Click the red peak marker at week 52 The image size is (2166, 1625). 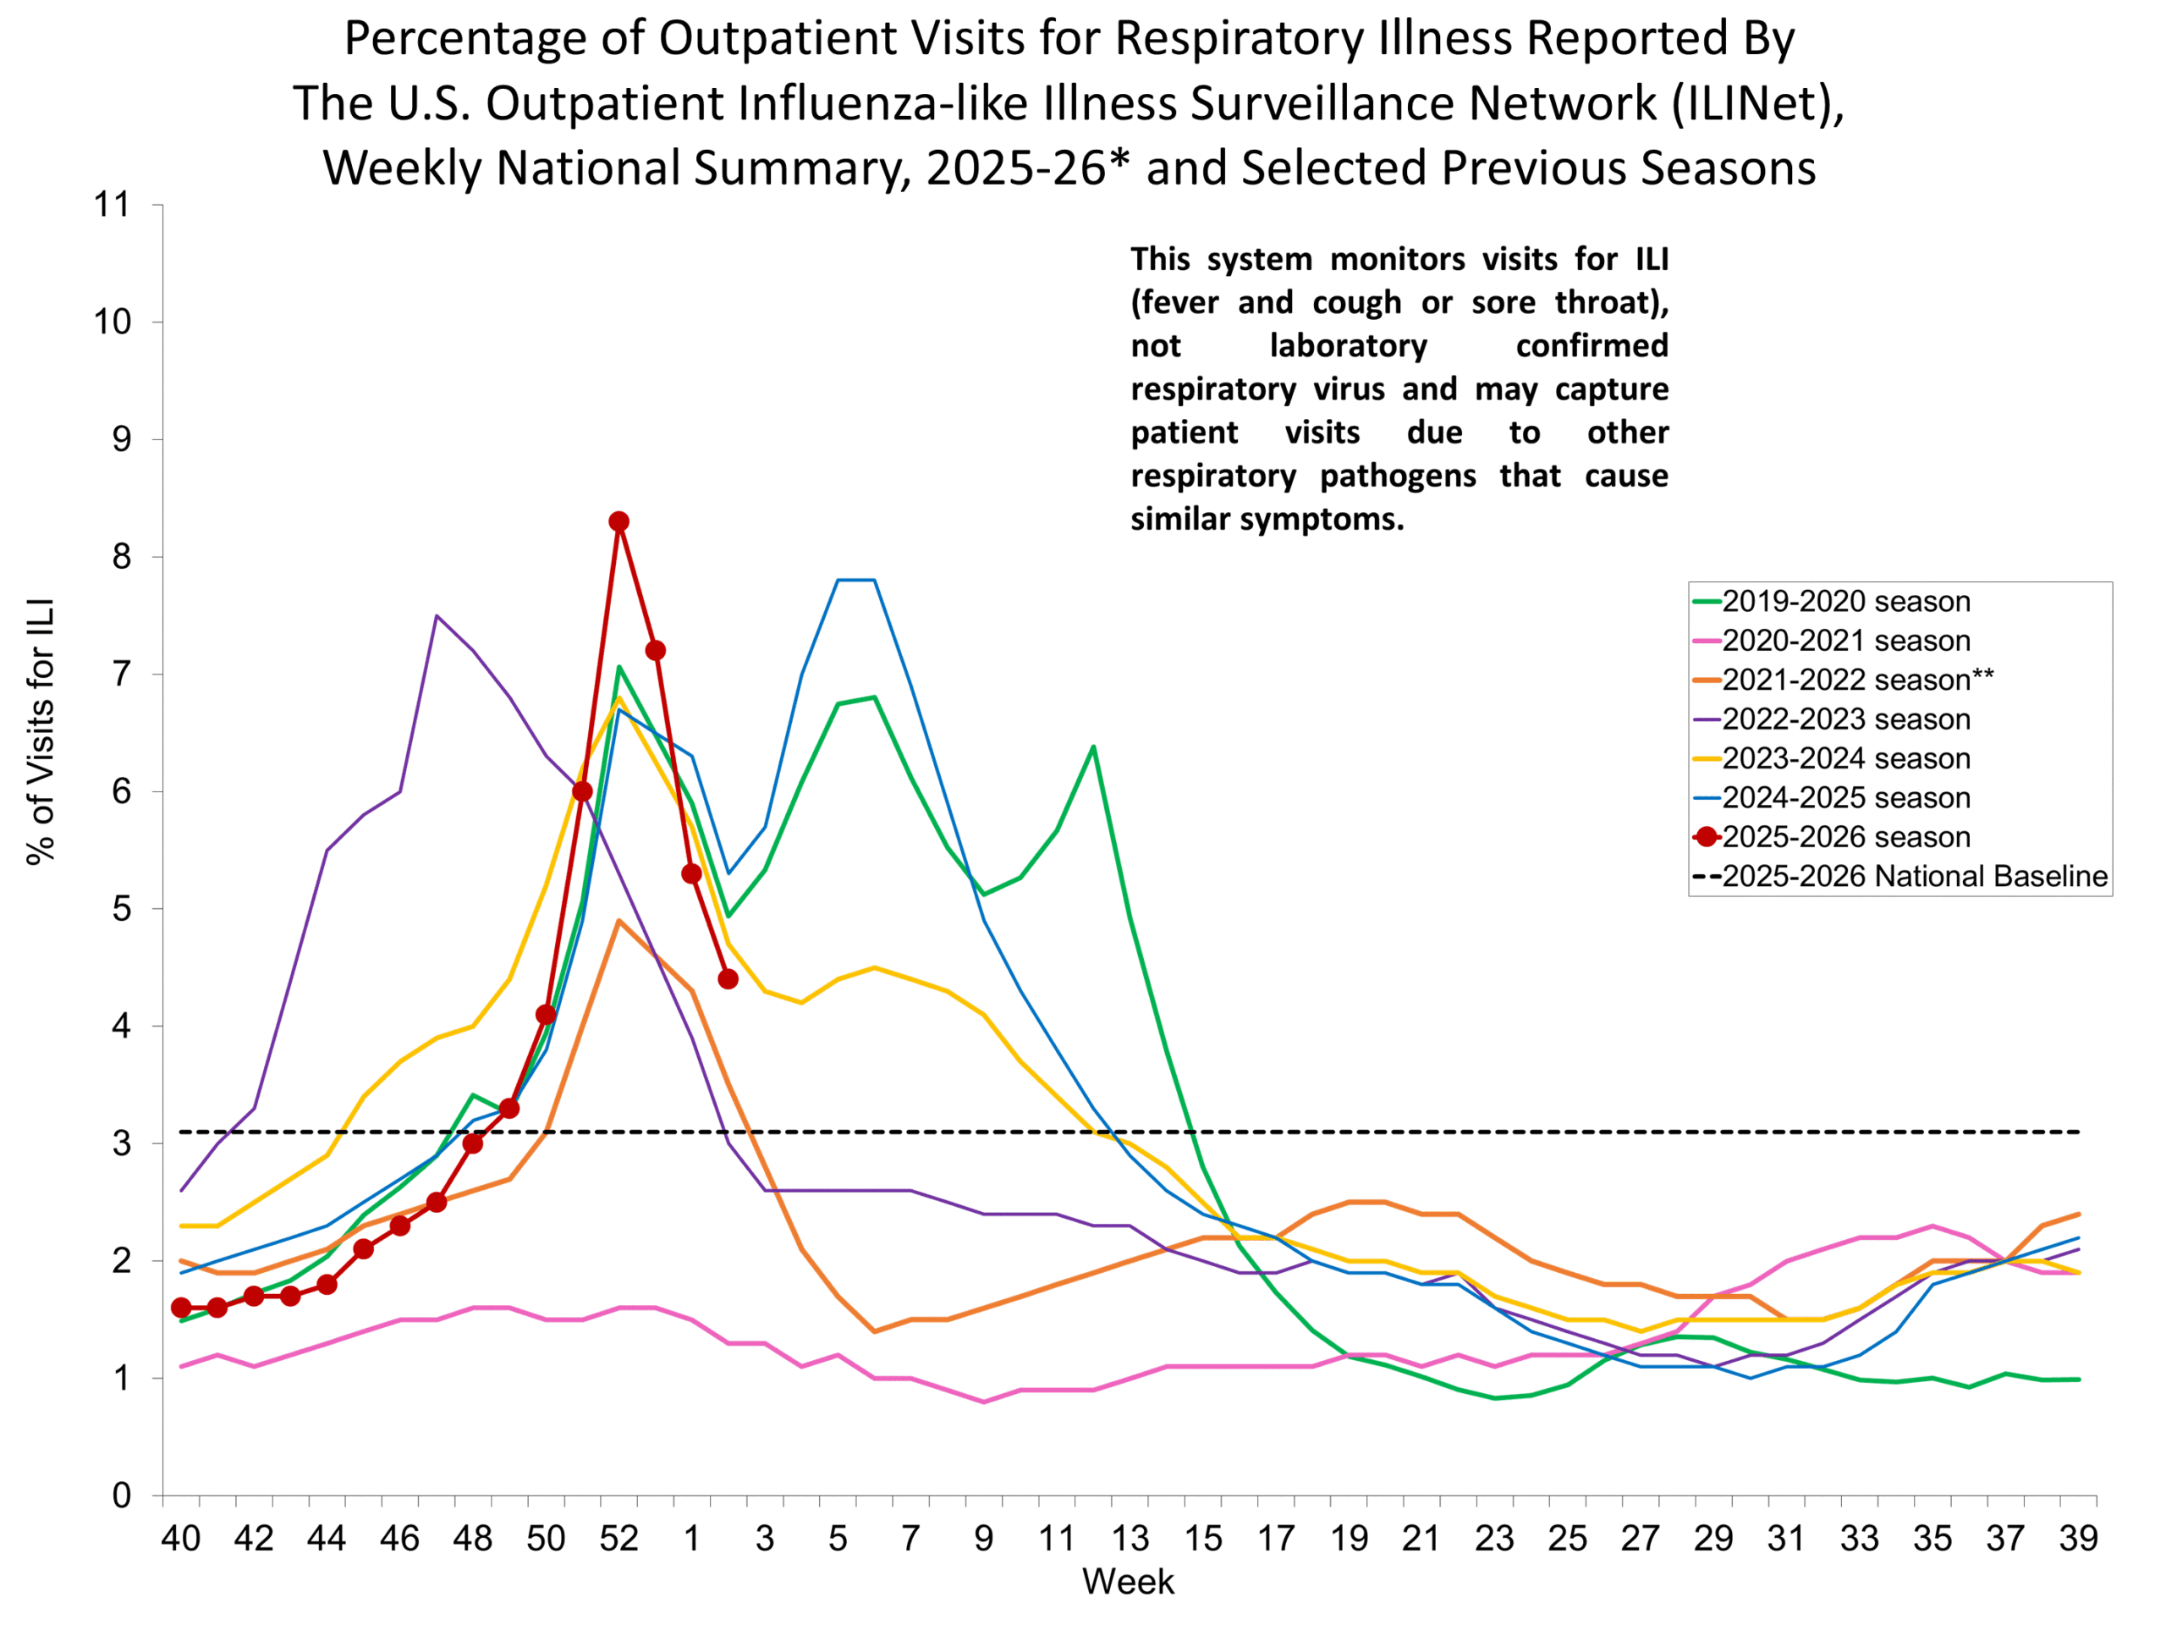pyautogui.click(x=618, y=522)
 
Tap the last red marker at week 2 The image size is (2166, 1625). pyautogui.click(x=728, y=979)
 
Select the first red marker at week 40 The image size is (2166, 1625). pyautogui.click(x=181, y=1308)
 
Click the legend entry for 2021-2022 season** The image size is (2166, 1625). pyautogui.click(x=1856, y=680)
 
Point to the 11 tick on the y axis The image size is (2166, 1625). pyautogui.click(x=112, y=205)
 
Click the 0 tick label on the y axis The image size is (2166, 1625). pyautogui.click(x=122, y=1496)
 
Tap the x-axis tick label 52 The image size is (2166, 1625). pyautogui.click(x=618, y=1539)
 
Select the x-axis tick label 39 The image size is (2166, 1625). pyautogui.click(x=2078, y=1539)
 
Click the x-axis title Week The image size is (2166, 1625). pyautogui.click(x=1127, y=1582)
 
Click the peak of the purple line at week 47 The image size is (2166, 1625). pyautogui.click(x=437, y=616)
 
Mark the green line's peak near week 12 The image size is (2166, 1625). pyautogui.click(x=1093, y=746)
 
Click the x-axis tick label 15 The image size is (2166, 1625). pyautogui.click(x=1202, y=1539)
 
